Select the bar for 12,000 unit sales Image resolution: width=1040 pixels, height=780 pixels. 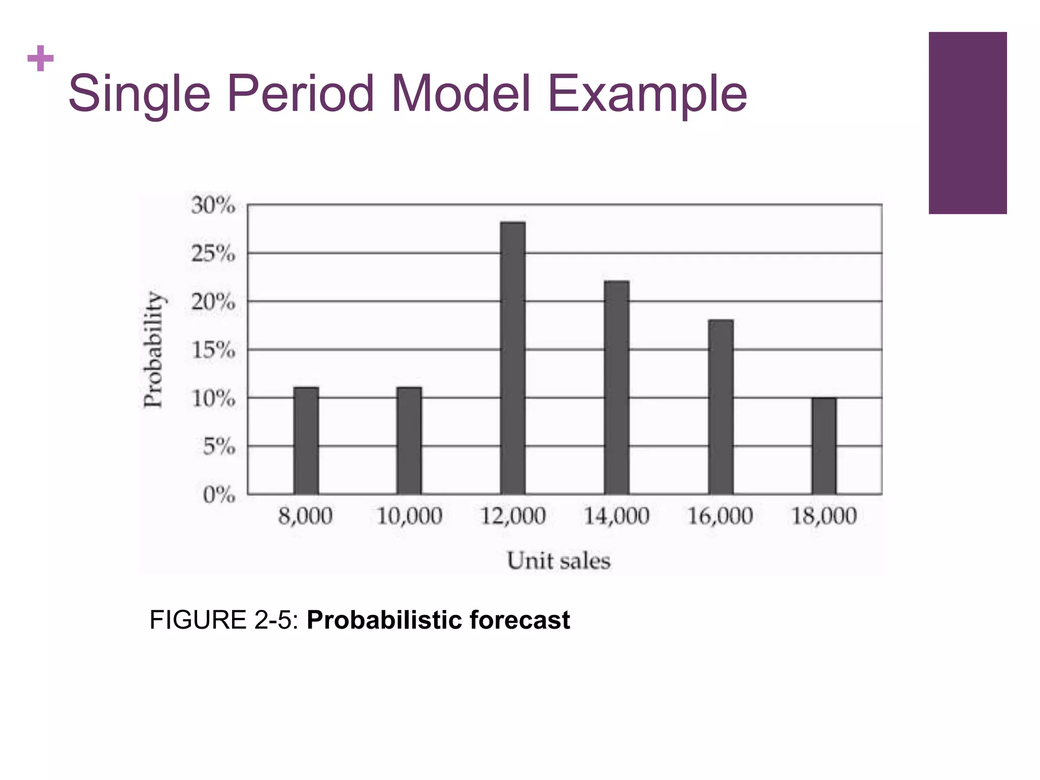(513, 358)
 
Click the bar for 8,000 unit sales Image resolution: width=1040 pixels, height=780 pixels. (306, 441)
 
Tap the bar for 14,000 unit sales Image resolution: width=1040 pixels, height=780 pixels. (616, 387)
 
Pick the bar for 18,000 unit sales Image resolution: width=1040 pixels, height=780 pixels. (824, 446)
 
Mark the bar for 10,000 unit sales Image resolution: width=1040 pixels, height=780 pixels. (409, 441)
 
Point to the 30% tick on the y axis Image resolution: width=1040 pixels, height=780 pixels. (213, 206)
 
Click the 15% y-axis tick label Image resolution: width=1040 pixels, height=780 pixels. (213, 350)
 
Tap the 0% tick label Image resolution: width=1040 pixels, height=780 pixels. (219, 495)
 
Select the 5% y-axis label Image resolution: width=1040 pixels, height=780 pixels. (219, 447)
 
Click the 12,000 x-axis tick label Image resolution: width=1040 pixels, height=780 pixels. (513, 516)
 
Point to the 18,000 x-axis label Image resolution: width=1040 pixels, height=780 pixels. (824, 516)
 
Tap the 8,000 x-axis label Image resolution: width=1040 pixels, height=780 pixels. (305, 516)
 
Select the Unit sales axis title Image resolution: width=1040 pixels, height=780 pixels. (559, 561)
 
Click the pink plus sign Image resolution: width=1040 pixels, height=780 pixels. (41, 59)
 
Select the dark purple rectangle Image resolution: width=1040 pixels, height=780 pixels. (967, 123)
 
